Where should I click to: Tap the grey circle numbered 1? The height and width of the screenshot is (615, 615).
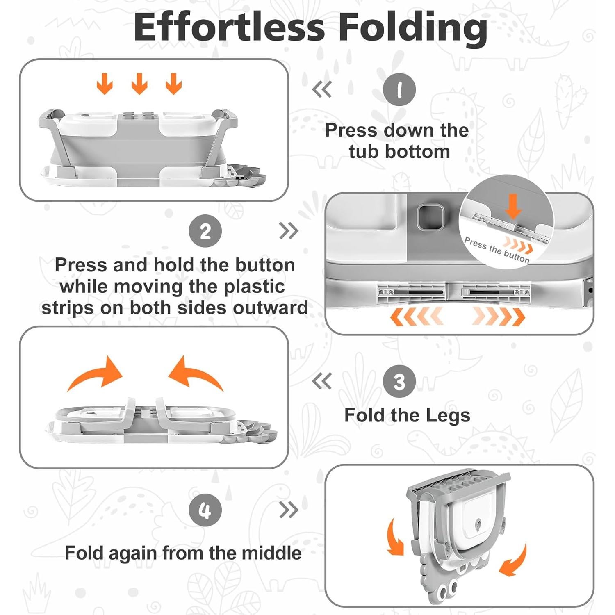(x=399, y=89)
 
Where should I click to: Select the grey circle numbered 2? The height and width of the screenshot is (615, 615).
(x=205, y=231)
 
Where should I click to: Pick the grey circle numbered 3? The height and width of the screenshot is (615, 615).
(x=399, y=382)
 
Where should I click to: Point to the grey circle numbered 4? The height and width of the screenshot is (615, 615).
(x=205, y=510)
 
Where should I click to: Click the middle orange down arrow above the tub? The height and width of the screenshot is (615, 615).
(x=139, y=84)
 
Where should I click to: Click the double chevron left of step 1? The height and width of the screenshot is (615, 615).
(x=322, y=89)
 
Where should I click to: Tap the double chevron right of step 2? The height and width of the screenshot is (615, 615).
(x=289, y=231)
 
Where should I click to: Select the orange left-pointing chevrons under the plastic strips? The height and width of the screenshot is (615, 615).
(x=416, y=317)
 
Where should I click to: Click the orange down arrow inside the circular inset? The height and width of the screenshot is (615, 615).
(x=513, y=207)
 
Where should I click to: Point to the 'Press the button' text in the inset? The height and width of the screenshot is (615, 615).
(x=497, y=249)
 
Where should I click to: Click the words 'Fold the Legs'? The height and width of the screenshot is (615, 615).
(x=407, y=415)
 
